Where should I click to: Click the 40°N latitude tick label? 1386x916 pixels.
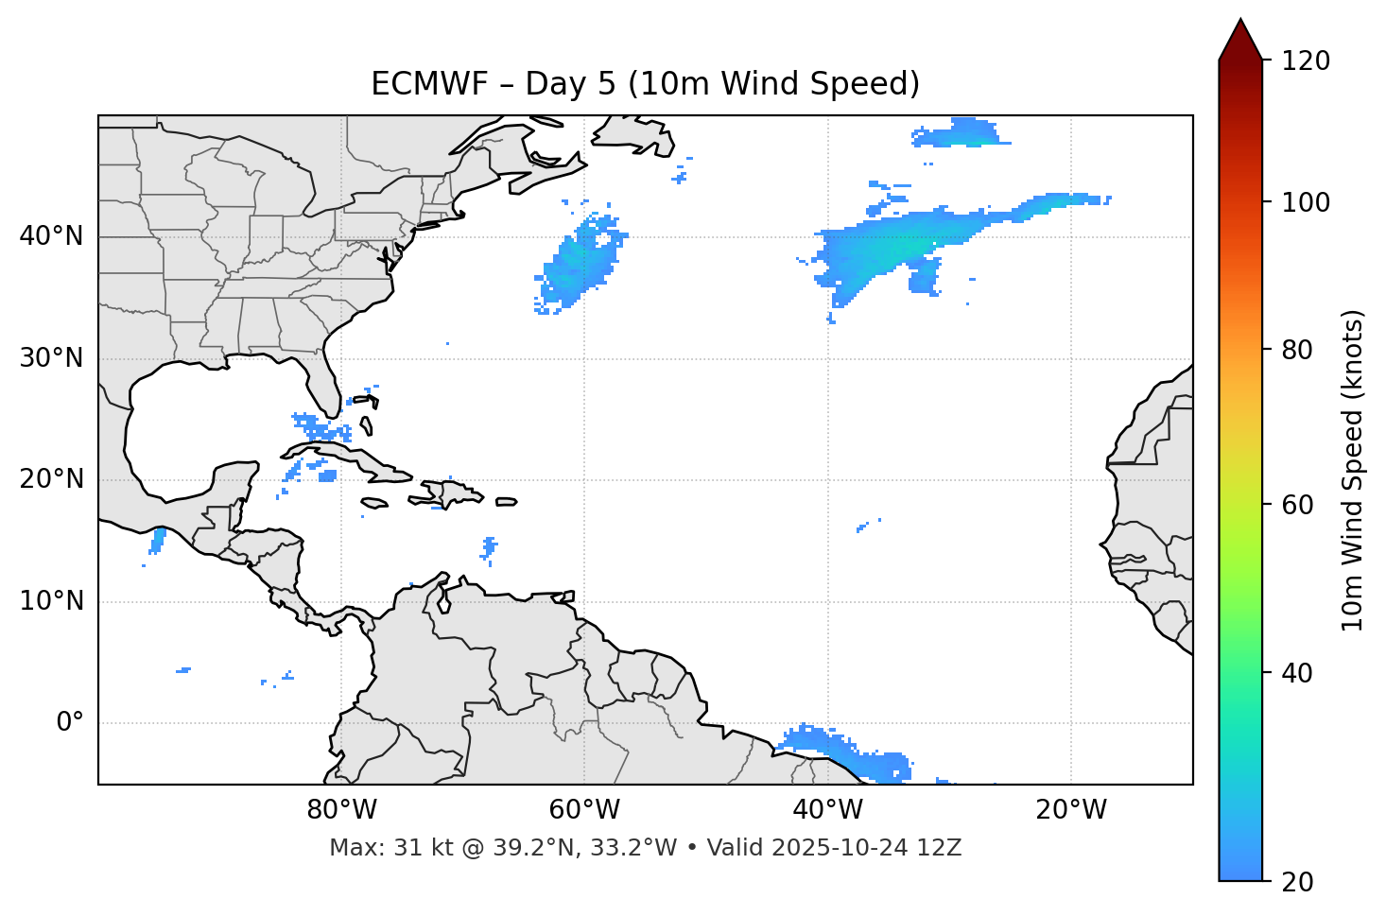pyautogui.click(x=51, y=236)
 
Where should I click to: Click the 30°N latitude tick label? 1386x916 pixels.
pyautogui.click(x=51, y=358)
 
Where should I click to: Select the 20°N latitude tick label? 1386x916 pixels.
pyautogui.click(x=51, y=479)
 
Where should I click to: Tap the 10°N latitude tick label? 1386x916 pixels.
pyautogui.click(x=51, y=601)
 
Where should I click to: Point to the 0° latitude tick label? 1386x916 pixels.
pyautogui.click(x=70, y=722)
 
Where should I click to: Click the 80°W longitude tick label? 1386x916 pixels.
pyautogui.click(x=341, y=810)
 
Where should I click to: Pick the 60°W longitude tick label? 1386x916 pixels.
pyautogui.click(x=584, y=810)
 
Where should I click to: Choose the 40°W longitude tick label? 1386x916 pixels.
pyautogui.click(x=827, y=810)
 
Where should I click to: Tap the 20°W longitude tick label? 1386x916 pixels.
pyautogui.click(x=1071, y=810)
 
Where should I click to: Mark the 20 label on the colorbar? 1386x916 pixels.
pyautogui.click(x=1296, y=882)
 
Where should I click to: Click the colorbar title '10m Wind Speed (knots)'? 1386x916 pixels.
pyautogui.click(x=1353, y=470)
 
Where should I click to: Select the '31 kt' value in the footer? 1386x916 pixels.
pyautogui.click(x=409, y=848)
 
